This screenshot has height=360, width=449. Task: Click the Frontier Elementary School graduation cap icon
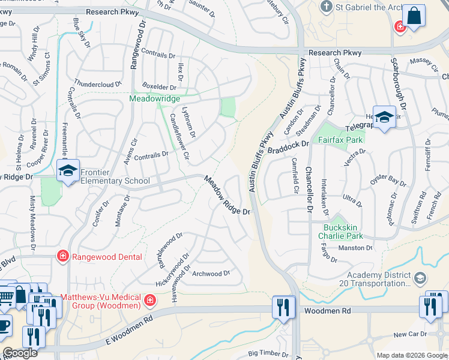(x=68, y=170)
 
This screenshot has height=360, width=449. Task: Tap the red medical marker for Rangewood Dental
(x=62, y=257)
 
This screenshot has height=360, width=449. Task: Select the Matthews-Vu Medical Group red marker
(x=150, y=299)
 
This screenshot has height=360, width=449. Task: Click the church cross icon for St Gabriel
(x=326, y=7)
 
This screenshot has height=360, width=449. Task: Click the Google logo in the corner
(x=20, y=353)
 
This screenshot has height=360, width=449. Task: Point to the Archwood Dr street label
(x=211, y=274)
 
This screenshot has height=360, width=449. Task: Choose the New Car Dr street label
(x=410, y=334)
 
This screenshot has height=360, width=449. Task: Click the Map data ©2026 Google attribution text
(x=412, y=355)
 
